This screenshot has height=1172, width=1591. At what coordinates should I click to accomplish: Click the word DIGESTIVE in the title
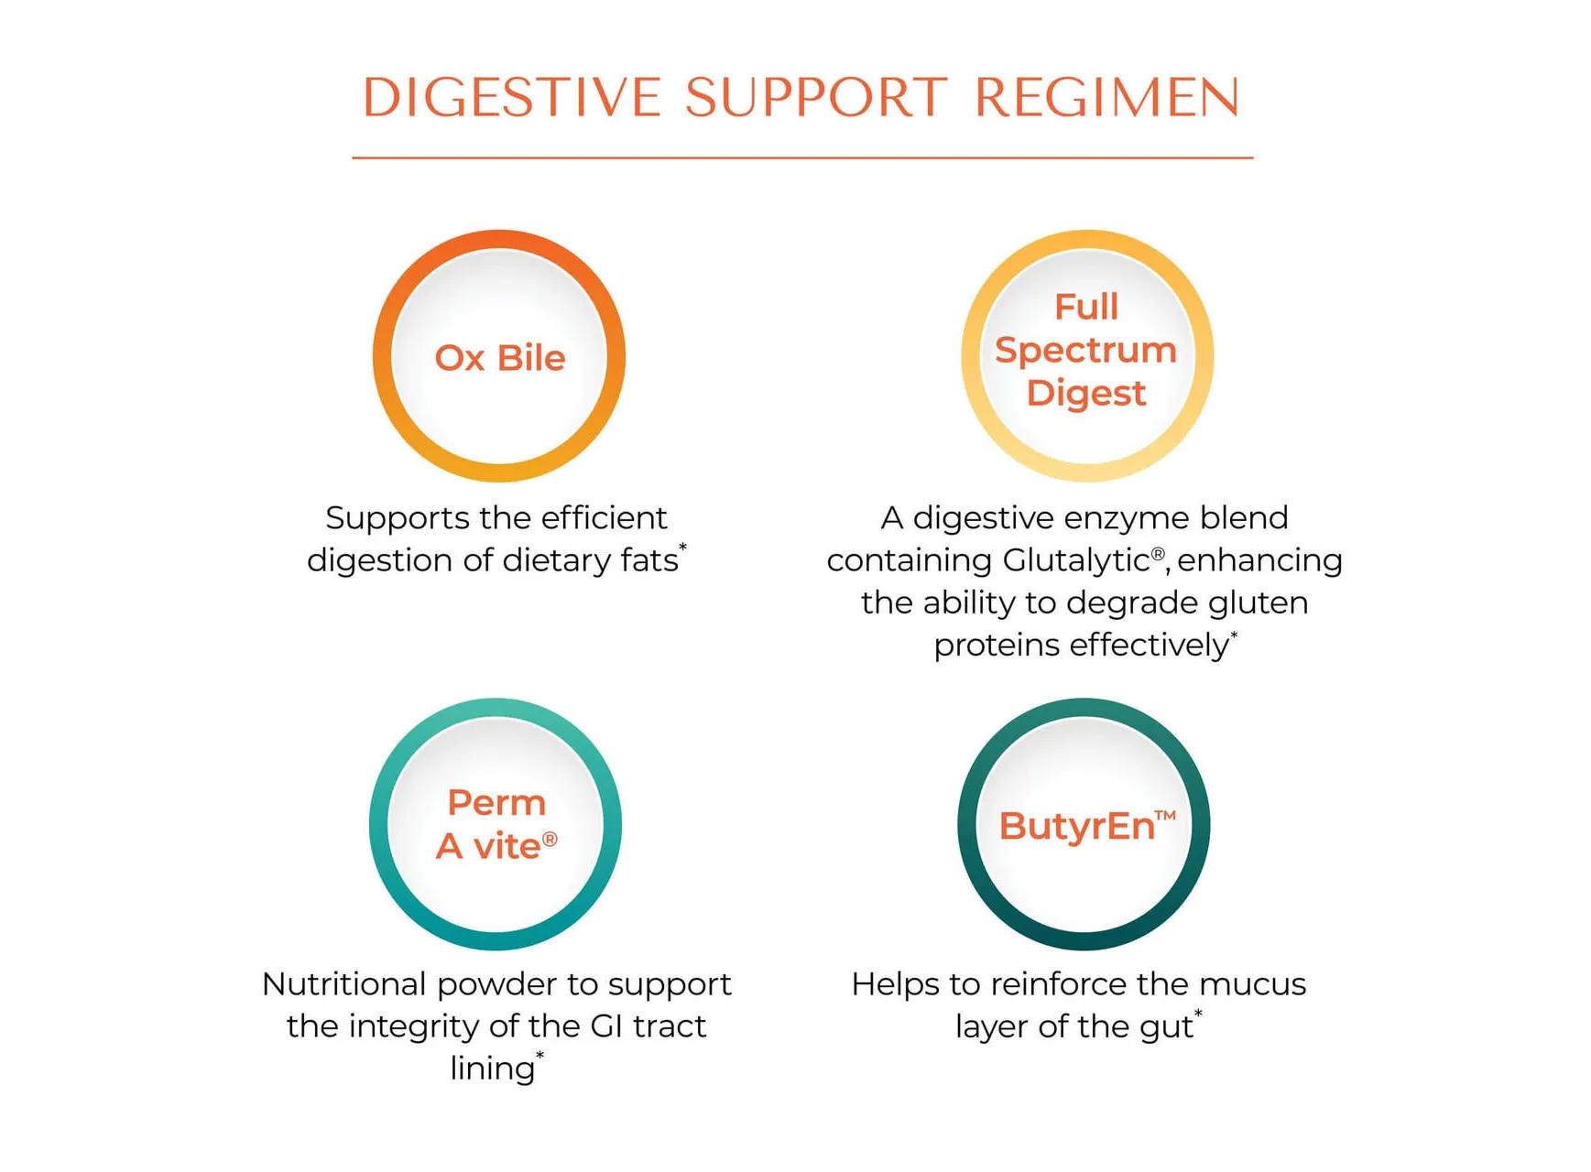pos(511,97)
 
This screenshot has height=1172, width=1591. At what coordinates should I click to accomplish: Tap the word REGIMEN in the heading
pos(1107,97)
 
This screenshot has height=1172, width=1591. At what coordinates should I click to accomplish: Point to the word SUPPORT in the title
pos(816,97)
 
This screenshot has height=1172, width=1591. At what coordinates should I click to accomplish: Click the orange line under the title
pos(802,157)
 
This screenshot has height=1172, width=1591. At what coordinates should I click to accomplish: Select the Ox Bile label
pos(500,358)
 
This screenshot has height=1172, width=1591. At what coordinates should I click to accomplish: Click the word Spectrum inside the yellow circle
pos(1085,351)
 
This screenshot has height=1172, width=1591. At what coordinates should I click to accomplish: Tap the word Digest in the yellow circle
pos(1086,394)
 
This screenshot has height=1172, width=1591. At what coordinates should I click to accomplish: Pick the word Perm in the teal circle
pos(496,803)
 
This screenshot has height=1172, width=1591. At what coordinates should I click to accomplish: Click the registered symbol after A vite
pos(550,839)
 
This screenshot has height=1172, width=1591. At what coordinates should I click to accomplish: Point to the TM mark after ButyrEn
pos(1165,815)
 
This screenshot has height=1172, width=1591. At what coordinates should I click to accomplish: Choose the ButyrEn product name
pos(1077,826)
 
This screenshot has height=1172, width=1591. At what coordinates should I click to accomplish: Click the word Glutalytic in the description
pos(1075,560)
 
